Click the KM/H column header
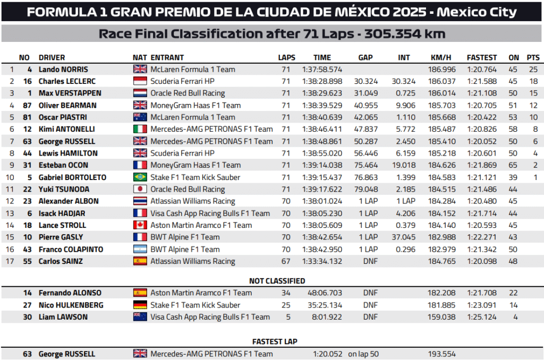pyautogui.click(x=441, y=57)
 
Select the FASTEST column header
pyautogui.click(x=482, y=57)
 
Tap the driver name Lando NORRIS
pyautogui.click(x=63, y=69)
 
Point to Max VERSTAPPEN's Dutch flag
pyautogui.click(x=140, y=93)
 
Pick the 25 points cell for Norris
pyautogui.click(x=533, y=69)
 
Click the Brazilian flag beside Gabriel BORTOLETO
pyautogui.click(x=140, y=177)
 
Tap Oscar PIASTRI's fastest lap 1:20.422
pyautogui.click(x=482, y=117)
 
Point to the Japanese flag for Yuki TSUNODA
pyautogui.click(x=140, y=190)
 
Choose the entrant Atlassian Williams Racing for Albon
pyautogui.click(x=193, y=201)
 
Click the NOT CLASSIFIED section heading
pyautogui.click(x=277, y=281)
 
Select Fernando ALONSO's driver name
pyautogui.click(x=70, y=293)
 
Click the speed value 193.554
pyautogui.click(x=441, y=354)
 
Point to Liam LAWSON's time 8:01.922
pyautogui.click(x=325, y=317)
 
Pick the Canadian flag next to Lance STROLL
pyautogui.click(x=140, y=225)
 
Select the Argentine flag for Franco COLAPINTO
pyautogui.click(x=140, y=249)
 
